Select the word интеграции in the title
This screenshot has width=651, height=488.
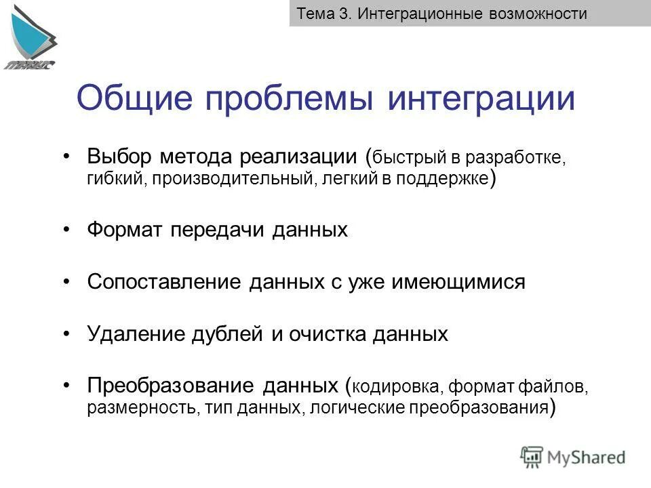tap(481, 99)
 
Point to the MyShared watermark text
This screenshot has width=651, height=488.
tap(587, 457)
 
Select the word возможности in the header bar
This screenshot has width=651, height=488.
tap(538, 14)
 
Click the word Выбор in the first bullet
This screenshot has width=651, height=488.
tap(121, 157)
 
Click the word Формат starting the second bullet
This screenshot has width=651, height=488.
tap(124, 230)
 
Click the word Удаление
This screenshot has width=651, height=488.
tap(132, 333)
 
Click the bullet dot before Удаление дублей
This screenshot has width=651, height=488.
tap(66, 333)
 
